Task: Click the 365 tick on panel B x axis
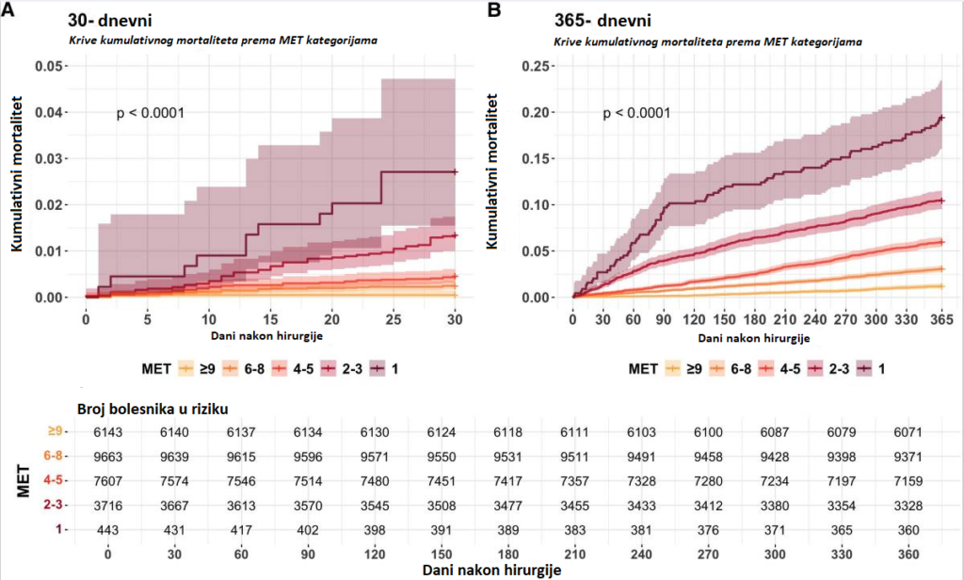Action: (x=941, y=319)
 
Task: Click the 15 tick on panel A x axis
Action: (x=270, y=319)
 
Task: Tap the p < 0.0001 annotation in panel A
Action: (x=150, y=113)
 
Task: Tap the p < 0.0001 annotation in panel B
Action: (x=637, y=113)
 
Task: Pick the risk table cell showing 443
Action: (x=109, y=530)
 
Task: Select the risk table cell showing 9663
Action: (x=109, y=454)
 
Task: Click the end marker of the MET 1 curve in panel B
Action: (x=942, y=119)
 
